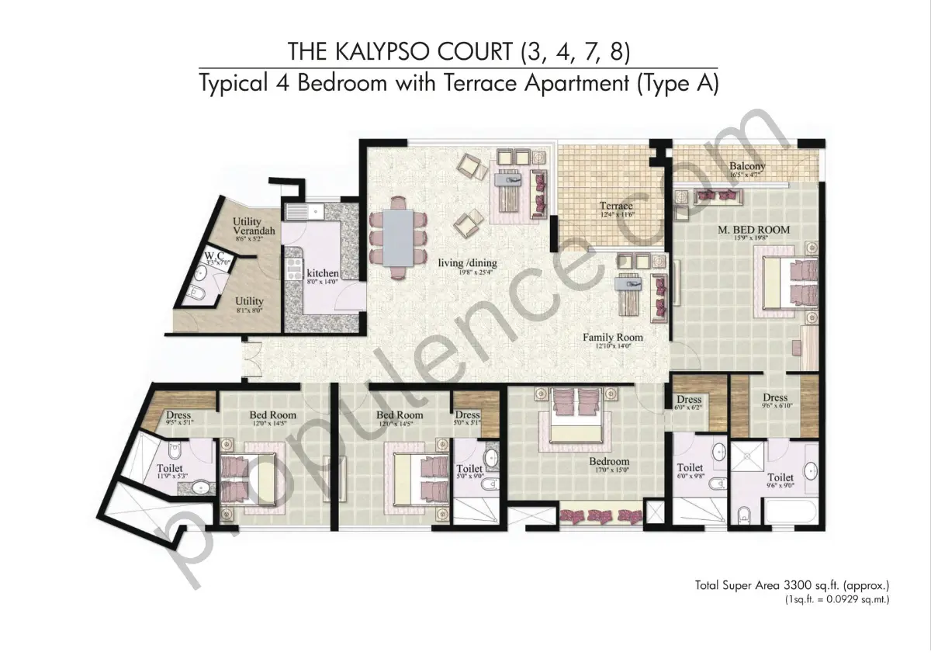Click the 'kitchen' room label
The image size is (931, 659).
click(322, 273)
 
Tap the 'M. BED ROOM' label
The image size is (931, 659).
click(753, 229)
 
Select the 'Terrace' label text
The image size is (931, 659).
click(616, 206)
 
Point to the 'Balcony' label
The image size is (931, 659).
click(747, 166)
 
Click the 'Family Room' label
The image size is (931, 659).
click(613, 338)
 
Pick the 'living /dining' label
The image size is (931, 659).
click(467, 263)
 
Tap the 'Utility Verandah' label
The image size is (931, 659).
click(253, 227)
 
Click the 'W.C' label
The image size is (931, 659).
click(213, 255)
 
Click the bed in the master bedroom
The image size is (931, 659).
click(787, 283)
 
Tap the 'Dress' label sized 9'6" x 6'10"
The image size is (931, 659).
click(774, 397)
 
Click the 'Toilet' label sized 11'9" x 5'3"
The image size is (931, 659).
click(170, 469)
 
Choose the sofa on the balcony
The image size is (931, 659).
click(718, 196)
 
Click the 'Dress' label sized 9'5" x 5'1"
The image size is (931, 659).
click(179, 415)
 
